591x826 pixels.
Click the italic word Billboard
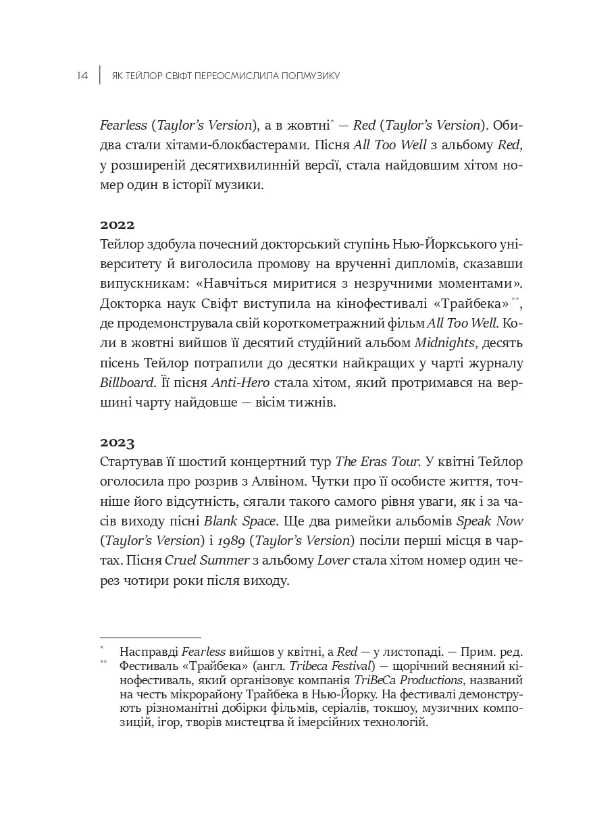(x=126, y=383)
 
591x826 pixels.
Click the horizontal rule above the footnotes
(x=150, y=637)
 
